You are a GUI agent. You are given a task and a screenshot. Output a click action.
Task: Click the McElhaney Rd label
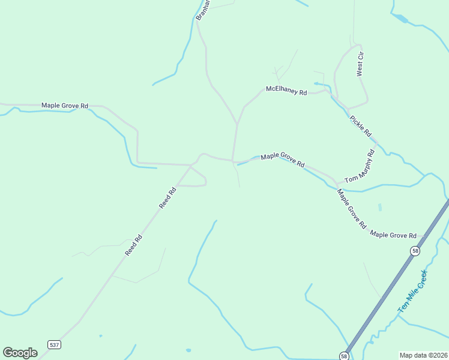(286, 92)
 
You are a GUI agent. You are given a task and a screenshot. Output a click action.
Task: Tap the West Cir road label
(360, 63)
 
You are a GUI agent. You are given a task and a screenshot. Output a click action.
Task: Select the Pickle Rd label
(361, 125)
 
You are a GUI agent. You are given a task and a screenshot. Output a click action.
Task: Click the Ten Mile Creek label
(412, 291)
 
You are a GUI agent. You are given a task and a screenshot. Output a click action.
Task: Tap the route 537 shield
(55, 344)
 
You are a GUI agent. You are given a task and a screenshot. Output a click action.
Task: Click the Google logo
(20, 353)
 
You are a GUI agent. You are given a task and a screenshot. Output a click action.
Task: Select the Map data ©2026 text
(423, 355)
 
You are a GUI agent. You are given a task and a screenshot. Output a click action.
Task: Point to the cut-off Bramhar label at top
(202, 10)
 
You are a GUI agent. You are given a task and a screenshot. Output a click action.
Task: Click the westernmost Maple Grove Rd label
(65, 106)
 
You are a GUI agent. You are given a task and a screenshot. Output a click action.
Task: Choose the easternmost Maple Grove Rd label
(393, 235)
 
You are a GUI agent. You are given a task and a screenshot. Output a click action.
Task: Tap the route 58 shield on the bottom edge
(343, 355)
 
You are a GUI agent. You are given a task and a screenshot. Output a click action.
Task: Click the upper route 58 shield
(415, 251)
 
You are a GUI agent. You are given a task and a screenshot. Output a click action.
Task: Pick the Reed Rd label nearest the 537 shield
(134, 245)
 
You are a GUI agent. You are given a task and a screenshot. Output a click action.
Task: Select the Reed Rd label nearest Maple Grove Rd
(167, 198)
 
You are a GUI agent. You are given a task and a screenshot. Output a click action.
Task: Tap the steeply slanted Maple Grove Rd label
(352, 209)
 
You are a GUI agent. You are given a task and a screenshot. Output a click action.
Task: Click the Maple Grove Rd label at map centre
(283, 160)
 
